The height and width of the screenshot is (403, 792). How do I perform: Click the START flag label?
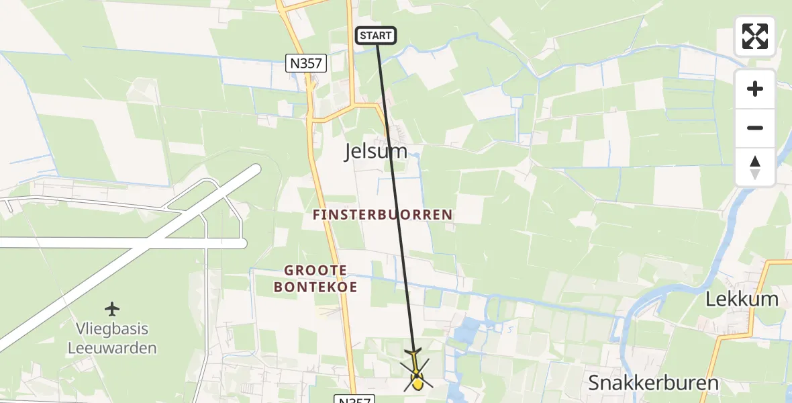pyautogui.click(x=376, y=36)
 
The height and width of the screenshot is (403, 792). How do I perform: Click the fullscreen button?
pyautogui.click(x=755, y=36)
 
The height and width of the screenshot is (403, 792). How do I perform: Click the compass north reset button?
pyautogui.click(x=755, y=167)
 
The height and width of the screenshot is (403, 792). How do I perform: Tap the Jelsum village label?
pyautogui.click(x=376, y=151)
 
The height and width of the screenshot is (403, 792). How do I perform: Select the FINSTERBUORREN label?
pyautogui.click(x=383, y=215)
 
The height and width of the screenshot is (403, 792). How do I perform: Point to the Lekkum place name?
pyautogui.click(x=742, y=300)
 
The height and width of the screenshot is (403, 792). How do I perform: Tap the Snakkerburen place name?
pyautogui.click(x=653, y=383)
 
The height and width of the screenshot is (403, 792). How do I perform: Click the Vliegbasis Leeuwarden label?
pyautogui.click(x=112, y=339)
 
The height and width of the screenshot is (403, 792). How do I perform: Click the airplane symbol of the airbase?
pyautogui.click(x=112, y=309)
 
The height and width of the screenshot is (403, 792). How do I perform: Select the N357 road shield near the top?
pyautogui.click(x=305, y=64)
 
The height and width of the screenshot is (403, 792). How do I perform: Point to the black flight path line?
pyautogui.click(x=396, y=201)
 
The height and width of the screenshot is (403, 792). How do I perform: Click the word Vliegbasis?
pyautogui.click(x=112, y=330)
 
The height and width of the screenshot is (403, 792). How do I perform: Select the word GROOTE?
pyautogui.click(x=315, y=271)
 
